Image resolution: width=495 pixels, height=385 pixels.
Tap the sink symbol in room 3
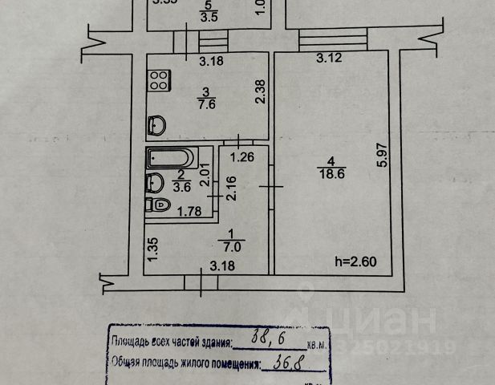[x=158, y=125]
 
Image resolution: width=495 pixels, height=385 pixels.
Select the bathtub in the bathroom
[x=169, y=157]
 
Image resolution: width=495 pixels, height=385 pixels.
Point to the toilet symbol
[x=158, y=205]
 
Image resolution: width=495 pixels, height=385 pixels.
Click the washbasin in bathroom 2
[x=155, y=182]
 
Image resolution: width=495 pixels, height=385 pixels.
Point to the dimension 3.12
[x=331, y=58]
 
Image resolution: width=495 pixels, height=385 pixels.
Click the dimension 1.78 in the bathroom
[x=188, y=212]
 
